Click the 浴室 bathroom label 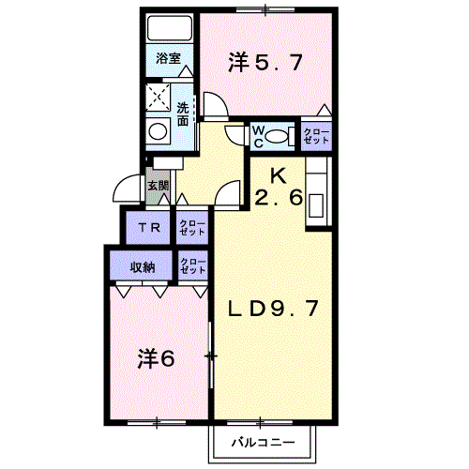pos(169,58)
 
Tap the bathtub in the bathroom pos(170,28)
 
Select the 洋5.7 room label pos(265,62)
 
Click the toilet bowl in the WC pos(277,137)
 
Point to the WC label pos(258,137)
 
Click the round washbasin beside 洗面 pos(158,131)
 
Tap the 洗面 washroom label pos(183,114)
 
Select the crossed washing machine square pos(159,97)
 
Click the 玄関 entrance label pos(159,186)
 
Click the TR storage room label pos(149,227)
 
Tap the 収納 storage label pos(143,267)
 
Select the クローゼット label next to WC pos(316,136)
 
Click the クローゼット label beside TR pos(192,228)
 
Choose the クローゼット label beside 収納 pos(193,266)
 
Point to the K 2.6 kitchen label pos(279,187)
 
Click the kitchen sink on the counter pos(316,205)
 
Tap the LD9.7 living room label pos(273,308)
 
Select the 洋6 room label pos(156,358)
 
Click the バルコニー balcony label pos(263,442)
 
